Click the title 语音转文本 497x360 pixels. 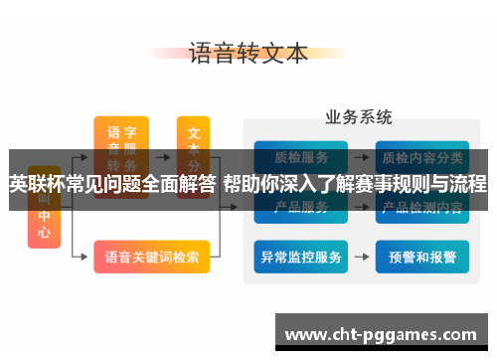[248, 53]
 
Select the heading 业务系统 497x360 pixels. [358, 117]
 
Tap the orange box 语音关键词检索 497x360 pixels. [151, 257]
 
